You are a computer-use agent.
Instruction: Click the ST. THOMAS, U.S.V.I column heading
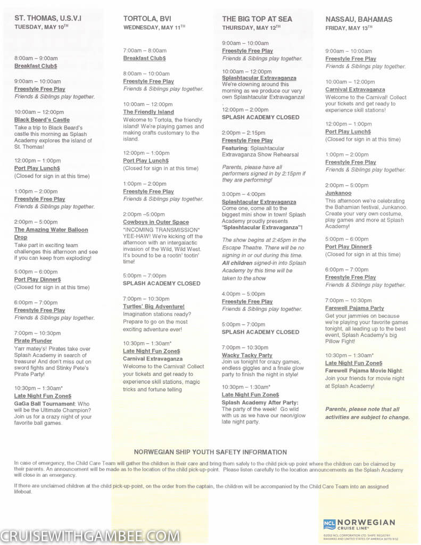pyautogui.click(x=48, y=19)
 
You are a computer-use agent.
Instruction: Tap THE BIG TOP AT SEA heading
pyautogui.click(x=257, y=19)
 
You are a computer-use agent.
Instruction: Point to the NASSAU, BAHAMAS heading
pyautogui.click(x=359, y=19)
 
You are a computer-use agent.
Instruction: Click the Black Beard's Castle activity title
pyautogui.click(x=42, y=120)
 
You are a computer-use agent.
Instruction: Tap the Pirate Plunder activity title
pyautogui.click(x=33, y=341)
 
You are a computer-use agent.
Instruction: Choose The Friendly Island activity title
pyautogui.click(x=148, y=112)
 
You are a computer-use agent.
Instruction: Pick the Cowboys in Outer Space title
pyautogui.click(x=156, y=222)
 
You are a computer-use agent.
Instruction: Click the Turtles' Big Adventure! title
pyautogui.click(x=154, y=307)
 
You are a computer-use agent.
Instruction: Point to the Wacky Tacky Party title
pyautogui.click(x=247, y=355)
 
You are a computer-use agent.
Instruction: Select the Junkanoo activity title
pyautogui.click(x=339, y=193)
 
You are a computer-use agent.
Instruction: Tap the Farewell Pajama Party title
pyautogui.click(x=354, y=308)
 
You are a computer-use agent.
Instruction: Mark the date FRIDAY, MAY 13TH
pyautogui.click(x=352, y=28)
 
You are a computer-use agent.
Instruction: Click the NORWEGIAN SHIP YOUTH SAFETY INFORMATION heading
pyautogui.click(x=210, y=452)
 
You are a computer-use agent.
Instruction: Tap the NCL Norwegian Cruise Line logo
pyautogui.click(x=359, y=524)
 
